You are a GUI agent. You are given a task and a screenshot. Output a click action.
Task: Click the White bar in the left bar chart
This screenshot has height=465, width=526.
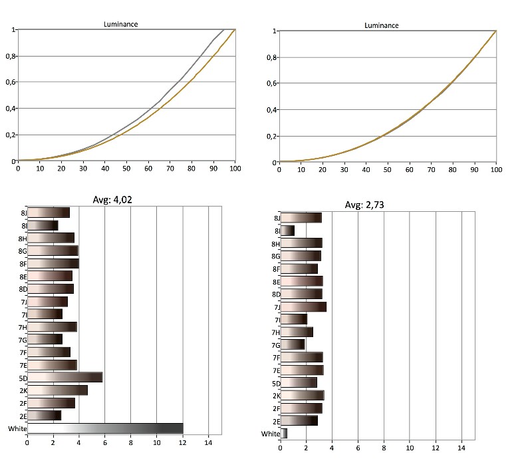tap(104, 428)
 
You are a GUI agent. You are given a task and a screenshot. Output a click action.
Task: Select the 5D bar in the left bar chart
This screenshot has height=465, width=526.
tap(65, 377)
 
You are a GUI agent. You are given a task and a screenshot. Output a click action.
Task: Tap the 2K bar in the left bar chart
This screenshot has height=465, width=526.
tap(57, 390)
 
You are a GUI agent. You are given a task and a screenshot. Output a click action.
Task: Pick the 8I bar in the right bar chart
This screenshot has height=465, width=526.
tap(287, 231)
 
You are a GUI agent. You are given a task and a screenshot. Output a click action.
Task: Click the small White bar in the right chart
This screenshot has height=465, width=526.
tap(283, 434)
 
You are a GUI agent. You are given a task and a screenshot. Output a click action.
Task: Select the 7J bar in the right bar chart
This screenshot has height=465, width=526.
tap(303, 306)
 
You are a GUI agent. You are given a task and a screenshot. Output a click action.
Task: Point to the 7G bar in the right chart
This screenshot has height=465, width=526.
tap(293, 344)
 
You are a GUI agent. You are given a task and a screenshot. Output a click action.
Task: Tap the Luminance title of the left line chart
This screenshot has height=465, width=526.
tap(120, 25)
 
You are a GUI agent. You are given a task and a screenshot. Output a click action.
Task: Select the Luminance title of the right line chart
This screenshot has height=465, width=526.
tap(382, 25)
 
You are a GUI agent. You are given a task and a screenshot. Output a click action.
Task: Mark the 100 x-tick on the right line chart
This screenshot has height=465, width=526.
tap(495, 169)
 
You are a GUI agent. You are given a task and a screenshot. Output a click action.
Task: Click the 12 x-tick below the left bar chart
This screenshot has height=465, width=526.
tap(183, 441)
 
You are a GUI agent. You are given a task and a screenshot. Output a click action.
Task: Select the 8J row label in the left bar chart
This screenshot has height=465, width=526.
tap(23, 213)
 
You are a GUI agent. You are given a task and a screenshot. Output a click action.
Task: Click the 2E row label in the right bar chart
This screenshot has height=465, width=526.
tap(276, 421)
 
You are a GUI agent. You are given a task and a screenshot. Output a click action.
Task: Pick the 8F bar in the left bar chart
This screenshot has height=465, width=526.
tap(53, 264)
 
